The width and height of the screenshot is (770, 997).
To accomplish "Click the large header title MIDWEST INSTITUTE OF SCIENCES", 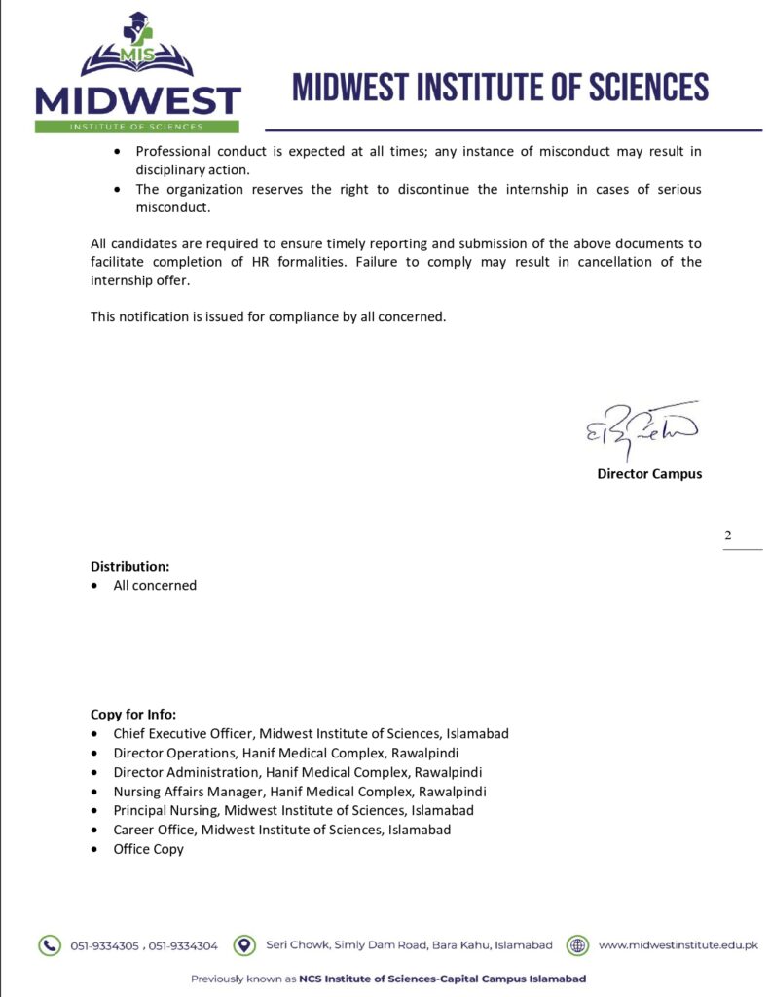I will [x=500, y=88].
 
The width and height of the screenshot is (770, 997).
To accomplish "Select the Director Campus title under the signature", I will [x=649, y=474].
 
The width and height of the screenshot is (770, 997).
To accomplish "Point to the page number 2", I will [x=728, y=535].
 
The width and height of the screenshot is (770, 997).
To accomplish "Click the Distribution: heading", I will [x=129, y=566].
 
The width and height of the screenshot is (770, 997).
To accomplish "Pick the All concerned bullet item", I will [x=155, y=585].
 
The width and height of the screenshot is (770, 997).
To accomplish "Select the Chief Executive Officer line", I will [x=311, y=733].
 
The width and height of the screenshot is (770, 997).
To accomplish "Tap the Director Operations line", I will [x=286, y=753].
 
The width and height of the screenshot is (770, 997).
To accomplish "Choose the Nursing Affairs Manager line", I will [x=300, y=791].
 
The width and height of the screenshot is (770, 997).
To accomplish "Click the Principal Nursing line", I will [x=293, y=810].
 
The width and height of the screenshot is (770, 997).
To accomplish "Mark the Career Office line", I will [x=281, y=830].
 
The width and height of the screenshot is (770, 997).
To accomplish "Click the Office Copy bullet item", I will [x=148, y=849].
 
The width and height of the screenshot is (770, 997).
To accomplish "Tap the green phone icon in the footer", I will [x=49, y=944].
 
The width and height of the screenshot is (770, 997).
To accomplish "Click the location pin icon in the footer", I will [x=247, y=944].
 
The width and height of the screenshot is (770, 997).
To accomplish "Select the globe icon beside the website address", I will [x=578, y=944].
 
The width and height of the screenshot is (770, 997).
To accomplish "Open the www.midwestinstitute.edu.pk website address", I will [x=678, y=944].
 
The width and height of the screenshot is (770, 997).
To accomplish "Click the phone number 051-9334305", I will [x=105, y=945].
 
